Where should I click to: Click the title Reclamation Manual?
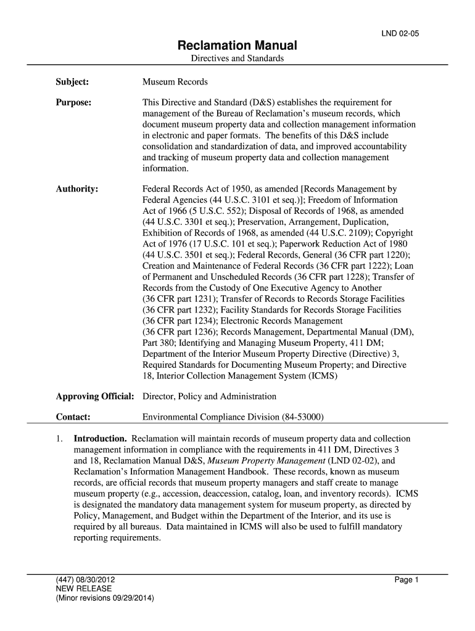click(x=237, y=46)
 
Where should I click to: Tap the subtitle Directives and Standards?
click(x=237, y=59)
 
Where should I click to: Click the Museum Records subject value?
click(x=175, y=81)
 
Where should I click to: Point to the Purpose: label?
click(x=74, y=102)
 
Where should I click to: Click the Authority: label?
click(x=77, y=189)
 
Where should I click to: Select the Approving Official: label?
click(x=95, y=396)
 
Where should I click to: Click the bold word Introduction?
click(x=101, y=439)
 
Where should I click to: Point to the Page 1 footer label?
click(x=407, y=579)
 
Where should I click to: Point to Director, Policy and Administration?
click(x=209, y=396)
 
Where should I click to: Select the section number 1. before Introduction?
click(x=59, y=439)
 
